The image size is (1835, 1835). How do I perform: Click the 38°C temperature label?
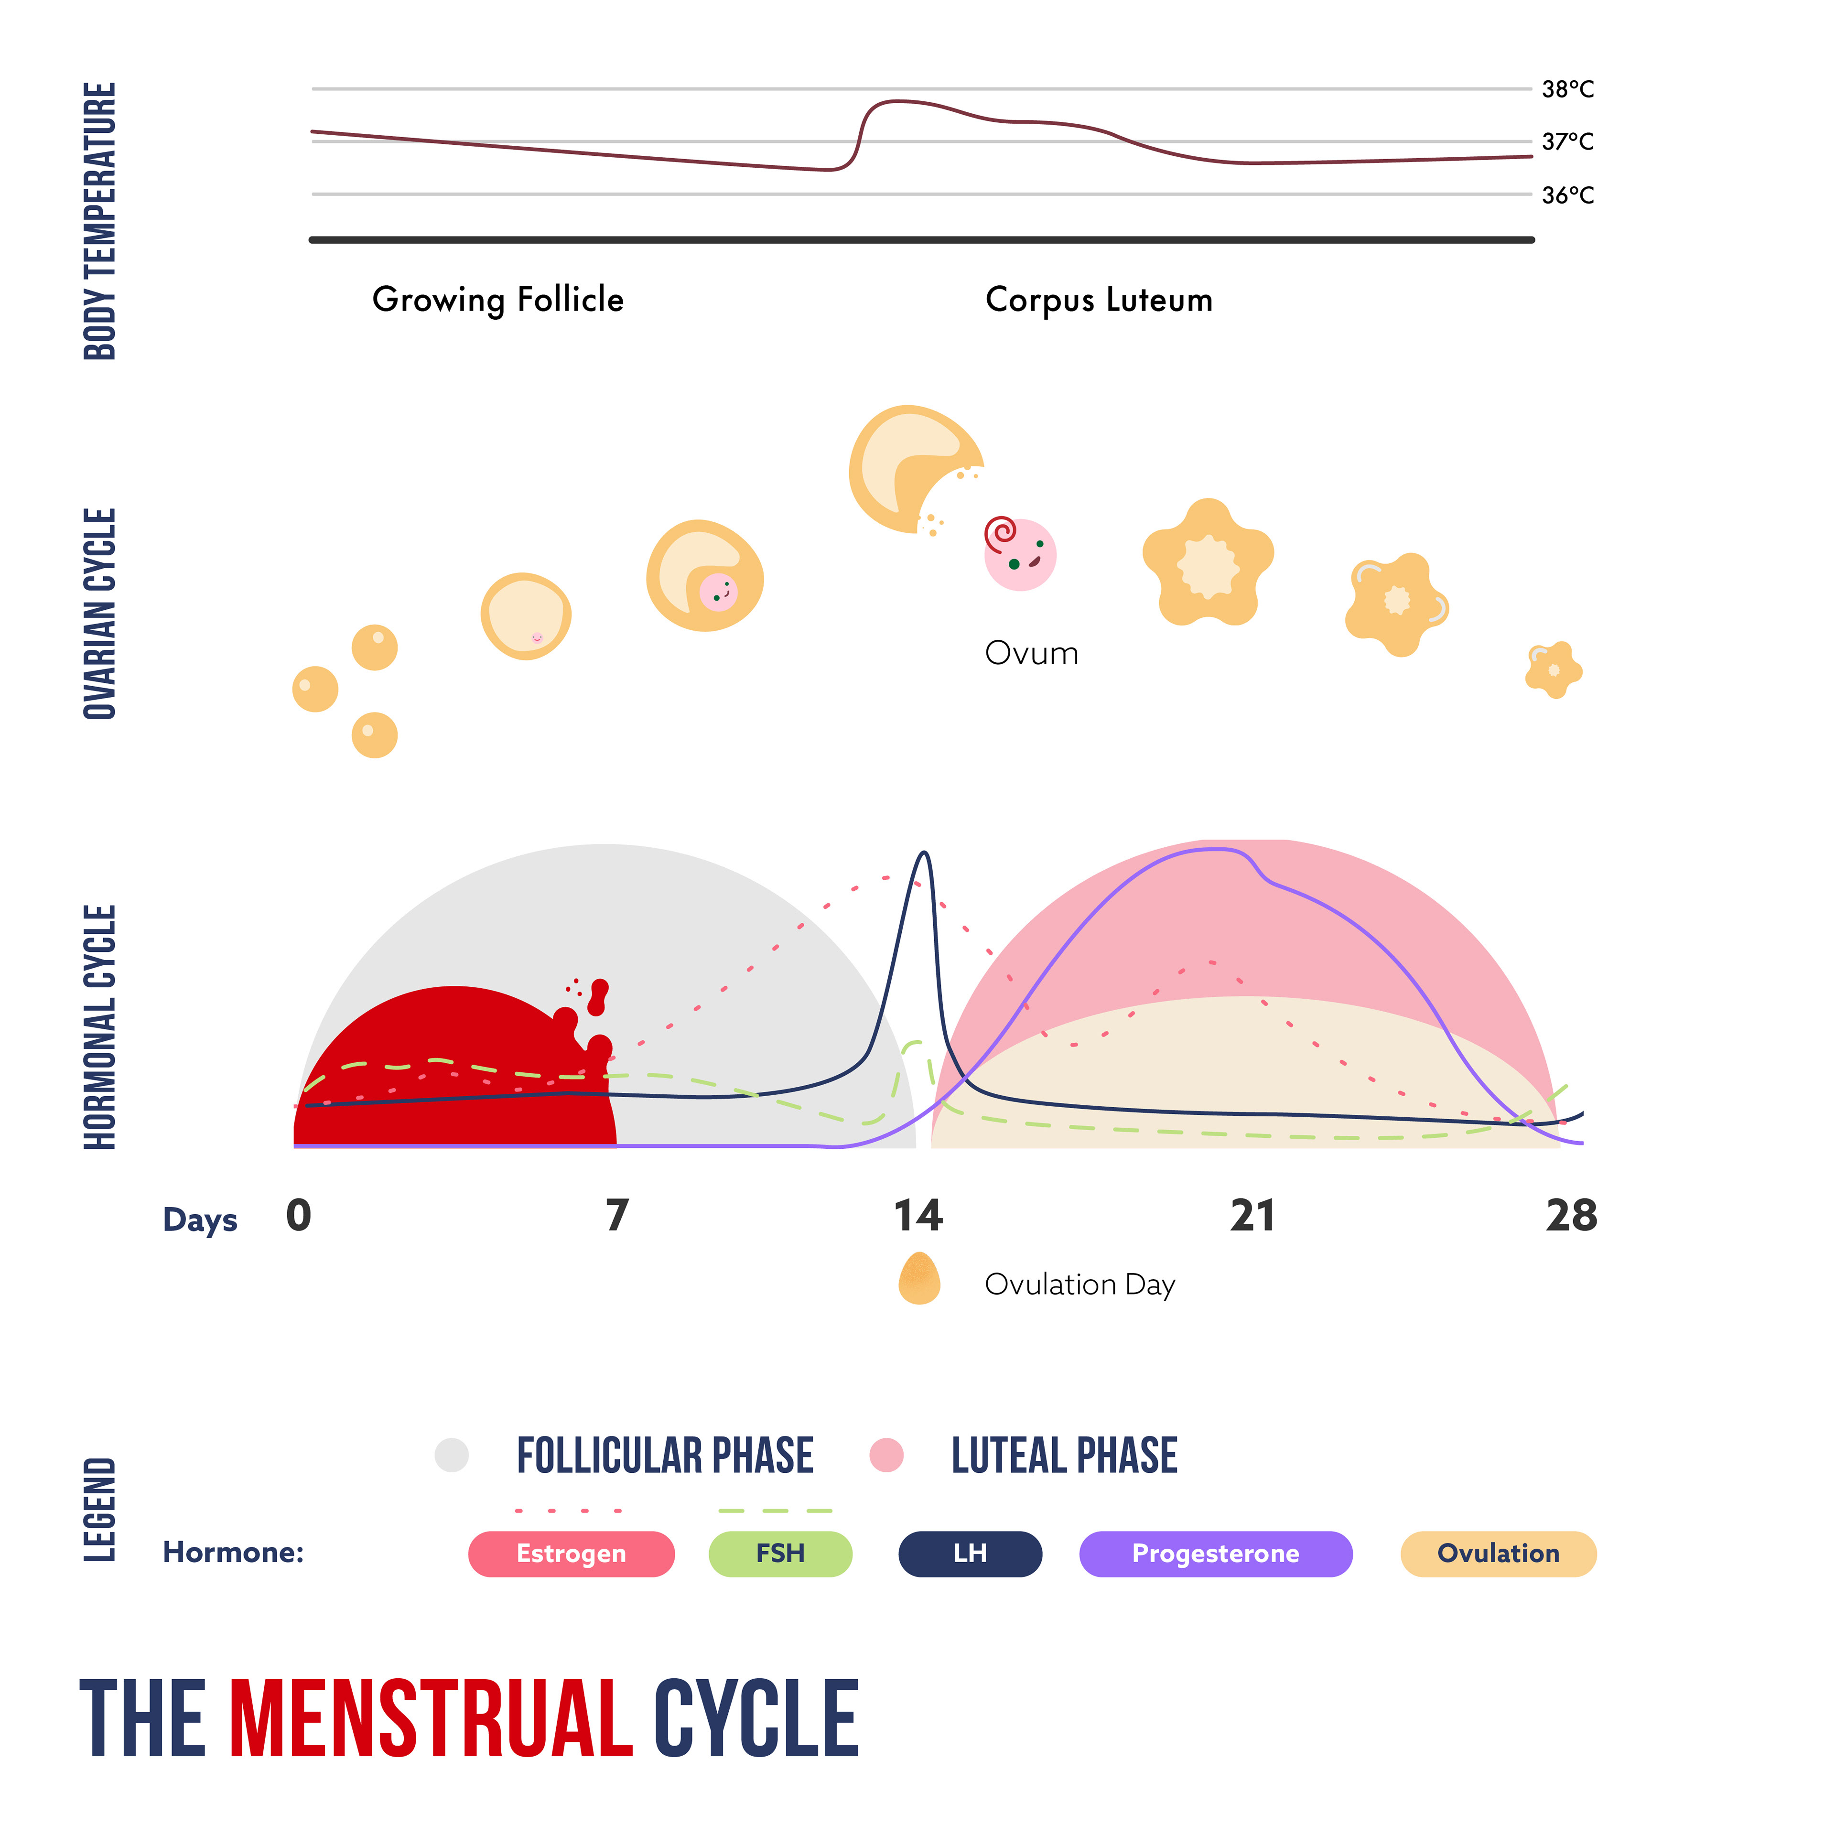(x=1567, y=89)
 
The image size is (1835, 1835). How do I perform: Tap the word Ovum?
(x=1032, y=653)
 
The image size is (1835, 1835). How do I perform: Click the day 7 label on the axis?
(x=617, y=1216)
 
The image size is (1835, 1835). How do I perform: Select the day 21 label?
(x=1252, y=1216)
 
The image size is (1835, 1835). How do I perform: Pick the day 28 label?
(x=1571, y=1216)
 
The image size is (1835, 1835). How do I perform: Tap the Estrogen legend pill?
(x=571, y=1554)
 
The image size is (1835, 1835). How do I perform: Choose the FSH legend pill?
(x=780, y=1554)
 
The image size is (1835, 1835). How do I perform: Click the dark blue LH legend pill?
(x=970, y=1554)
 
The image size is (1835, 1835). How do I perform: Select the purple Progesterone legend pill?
(x=1216, y=1554)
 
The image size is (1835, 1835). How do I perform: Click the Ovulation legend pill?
(x=1498, y=1554)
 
